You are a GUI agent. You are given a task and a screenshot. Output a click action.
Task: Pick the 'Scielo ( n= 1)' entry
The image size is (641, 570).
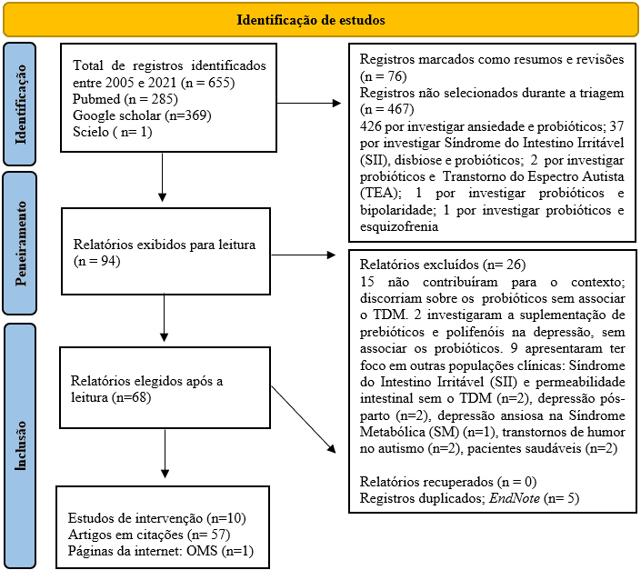click(114, 132)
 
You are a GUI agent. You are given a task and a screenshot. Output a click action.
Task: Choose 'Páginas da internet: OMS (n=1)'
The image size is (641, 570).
click(160, 550)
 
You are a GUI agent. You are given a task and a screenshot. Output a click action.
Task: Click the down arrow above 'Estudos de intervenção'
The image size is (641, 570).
click(165, 452)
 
